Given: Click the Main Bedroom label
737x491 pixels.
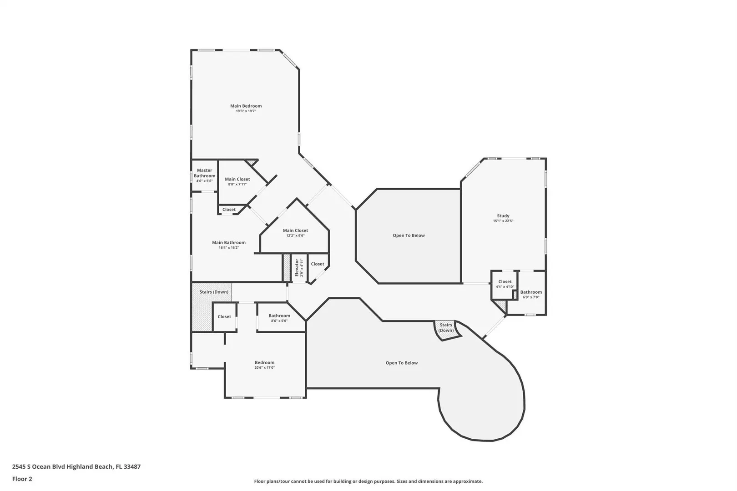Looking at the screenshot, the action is click(246, 106).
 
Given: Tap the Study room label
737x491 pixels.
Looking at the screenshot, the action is click(503, 216).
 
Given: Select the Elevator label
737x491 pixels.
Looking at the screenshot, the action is click(297, 267).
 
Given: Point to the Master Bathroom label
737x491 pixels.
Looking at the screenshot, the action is click(204, 173).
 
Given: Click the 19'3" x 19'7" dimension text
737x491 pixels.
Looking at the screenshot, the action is click(246, 111).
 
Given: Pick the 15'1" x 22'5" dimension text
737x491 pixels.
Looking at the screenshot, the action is click(503, 221).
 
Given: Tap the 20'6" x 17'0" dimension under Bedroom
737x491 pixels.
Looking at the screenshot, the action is click(264, 368).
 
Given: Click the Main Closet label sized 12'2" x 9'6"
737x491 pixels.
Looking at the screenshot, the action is click(295, 230).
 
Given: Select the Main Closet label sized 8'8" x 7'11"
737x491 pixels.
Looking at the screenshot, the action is click(237, 179).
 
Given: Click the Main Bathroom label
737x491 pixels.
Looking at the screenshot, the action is click(229, 242).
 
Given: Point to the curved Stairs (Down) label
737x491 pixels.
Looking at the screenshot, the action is click(446, 327).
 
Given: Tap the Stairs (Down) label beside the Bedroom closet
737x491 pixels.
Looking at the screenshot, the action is click(214, 292).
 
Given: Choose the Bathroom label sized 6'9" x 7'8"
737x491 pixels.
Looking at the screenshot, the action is click(531, 292).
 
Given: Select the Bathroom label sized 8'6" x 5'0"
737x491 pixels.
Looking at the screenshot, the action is click(279, 316).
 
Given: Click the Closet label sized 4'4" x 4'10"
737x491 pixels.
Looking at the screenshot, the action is click(505, 281).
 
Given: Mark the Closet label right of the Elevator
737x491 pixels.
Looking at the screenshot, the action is click(318, 264).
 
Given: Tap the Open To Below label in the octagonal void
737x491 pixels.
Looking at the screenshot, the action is click(409, 235).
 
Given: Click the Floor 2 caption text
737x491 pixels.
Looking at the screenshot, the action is click(22, 479).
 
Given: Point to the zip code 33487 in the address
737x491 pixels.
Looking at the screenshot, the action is click(132, 466).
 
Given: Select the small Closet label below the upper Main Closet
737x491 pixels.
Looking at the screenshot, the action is click(229, 210).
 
